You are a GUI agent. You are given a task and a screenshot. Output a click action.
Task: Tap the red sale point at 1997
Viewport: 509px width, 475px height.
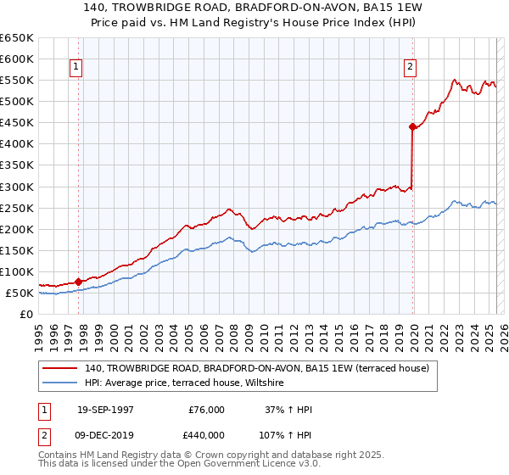[79, 281]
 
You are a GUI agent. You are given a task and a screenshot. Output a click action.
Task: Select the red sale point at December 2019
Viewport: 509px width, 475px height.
[412, 126]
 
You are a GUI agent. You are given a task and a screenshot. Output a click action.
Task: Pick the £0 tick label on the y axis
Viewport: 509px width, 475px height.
[26, 315]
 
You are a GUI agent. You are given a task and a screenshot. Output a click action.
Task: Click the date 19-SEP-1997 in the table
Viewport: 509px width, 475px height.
[105, 410]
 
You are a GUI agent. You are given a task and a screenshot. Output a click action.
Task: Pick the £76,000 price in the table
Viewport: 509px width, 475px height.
[206, 410]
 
